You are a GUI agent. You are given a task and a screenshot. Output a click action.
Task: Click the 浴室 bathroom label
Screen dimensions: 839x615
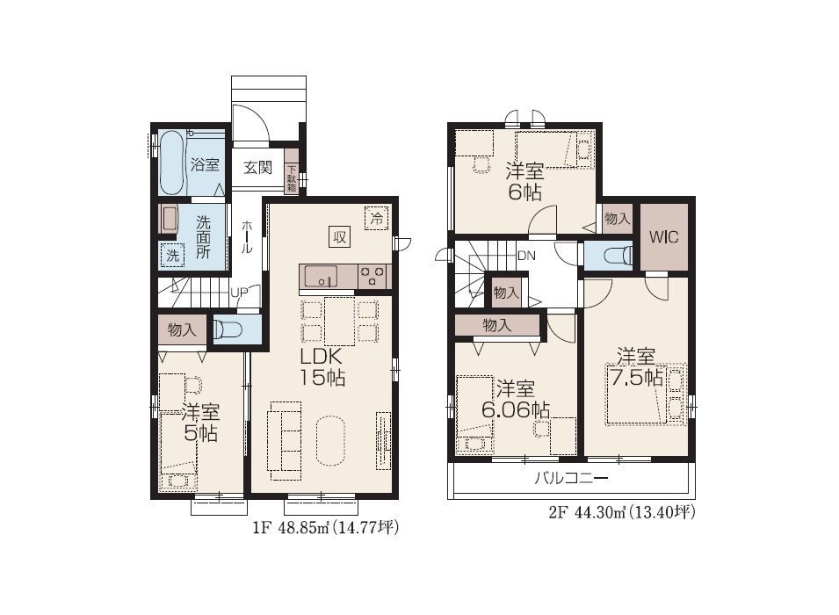tap(205, 164)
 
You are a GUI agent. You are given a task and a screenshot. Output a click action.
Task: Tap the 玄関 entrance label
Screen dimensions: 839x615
tap(258, 168)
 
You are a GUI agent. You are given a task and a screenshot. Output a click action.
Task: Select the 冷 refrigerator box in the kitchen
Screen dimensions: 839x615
tap(377, 219)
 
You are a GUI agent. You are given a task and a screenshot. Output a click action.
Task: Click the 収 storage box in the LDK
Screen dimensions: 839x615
tap(340, 236)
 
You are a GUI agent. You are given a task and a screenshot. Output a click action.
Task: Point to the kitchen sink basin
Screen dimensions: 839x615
tap(321, 277)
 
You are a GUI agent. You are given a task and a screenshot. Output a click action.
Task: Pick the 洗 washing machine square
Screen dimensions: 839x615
tap(172, 255)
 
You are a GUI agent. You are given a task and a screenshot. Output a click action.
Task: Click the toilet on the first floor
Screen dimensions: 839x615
tap(228, 329)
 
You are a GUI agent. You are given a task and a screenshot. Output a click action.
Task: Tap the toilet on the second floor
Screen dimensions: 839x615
tap(618, 256)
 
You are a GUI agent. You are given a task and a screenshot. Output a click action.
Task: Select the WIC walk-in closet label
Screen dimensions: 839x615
tap(663, 237)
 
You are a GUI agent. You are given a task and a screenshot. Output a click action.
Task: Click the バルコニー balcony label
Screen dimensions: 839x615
tap(571, 478)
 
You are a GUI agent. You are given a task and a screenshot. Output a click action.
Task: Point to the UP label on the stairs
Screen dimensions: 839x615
tap(239, 293)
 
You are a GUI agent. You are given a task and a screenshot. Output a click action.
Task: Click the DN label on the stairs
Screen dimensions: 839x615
tap(526, 256)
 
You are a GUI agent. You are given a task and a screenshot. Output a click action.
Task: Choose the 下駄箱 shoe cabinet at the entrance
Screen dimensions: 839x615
tap(292, 171)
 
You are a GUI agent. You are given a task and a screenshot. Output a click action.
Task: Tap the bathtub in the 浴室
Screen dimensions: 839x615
tap(173, 163)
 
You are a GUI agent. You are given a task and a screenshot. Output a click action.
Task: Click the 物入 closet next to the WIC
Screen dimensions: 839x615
tap(618, 219)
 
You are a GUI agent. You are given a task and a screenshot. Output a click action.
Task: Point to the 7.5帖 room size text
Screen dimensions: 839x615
tap(637, 378)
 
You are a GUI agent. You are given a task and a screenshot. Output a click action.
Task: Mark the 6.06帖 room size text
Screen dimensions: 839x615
tap(516, 410)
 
